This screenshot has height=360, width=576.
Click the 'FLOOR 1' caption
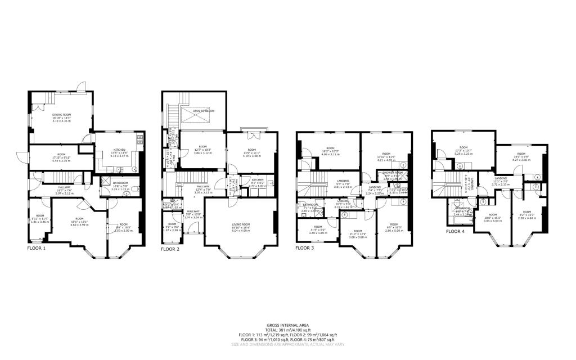pos(37,247)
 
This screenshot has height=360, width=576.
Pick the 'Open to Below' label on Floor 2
pos(203,111)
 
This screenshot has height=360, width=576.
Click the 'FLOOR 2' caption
pos(170,248)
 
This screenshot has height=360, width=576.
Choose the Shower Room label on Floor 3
pos(390,174)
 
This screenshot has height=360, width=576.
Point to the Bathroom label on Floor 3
pos(311,204)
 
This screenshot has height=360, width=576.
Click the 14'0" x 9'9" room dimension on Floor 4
pos(521,157)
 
